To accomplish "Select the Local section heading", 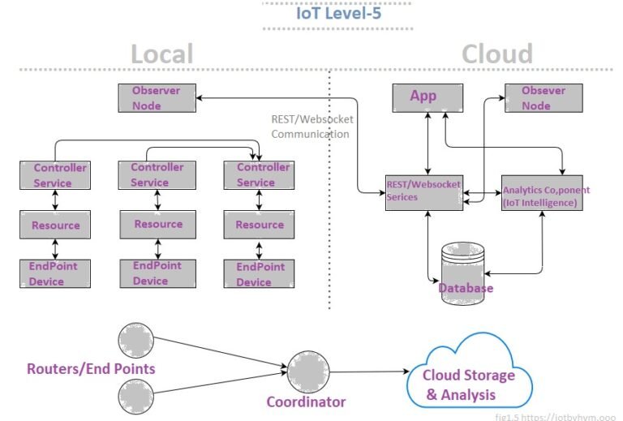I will click(x=162, y=54).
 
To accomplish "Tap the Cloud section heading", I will click(x=496, y=54).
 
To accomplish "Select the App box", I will click(x=428, y=98).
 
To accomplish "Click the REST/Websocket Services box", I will click(x=423, y=192).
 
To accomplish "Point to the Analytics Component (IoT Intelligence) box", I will click(x=540, y=193).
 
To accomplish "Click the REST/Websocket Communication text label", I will click(x=311, y=127).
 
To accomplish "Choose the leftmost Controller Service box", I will click(x=54, y=175).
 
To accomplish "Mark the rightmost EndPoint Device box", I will click(x=258, y=273).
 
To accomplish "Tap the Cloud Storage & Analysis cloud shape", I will click(x=470, y=378).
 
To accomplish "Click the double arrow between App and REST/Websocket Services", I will click(x=428, y=143).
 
